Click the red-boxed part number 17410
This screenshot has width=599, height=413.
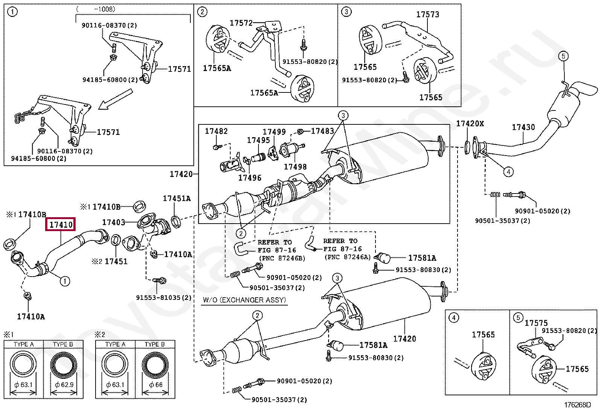tap(61, 225)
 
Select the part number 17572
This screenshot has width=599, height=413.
tap(241, 23)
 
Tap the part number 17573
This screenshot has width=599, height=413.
tap(427, 15)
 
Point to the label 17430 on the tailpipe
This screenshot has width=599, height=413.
tap(523, 127)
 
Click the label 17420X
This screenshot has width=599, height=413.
tap(470, 124)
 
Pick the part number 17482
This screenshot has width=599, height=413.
tap(216, 131)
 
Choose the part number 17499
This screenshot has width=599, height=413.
tap(274, 132)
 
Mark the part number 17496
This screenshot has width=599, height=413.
tap(249, 178)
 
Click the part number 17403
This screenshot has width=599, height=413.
tap(114, 222)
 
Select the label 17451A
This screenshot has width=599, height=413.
tap(176, 198)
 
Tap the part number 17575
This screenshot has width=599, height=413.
tap(536, 323)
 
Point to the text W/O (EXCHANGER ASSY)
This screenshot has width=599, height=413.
tap(244, 300)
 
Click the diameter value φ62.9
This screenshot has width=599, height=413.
tap(64, 385)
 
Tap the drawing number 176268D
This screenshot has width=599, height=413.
tap(577, 405)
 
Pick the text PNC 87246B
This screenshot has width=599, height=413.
tap(282, 258)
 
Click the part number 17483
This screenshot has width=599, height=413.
tap(322, 131)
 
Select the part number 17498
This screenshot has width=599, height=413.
tap(295, 166)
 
